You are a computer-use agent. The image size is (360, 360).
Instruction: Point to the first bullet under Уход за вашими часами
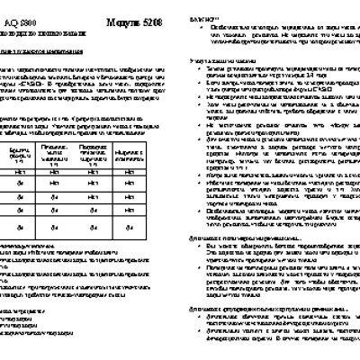(269, 68)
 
